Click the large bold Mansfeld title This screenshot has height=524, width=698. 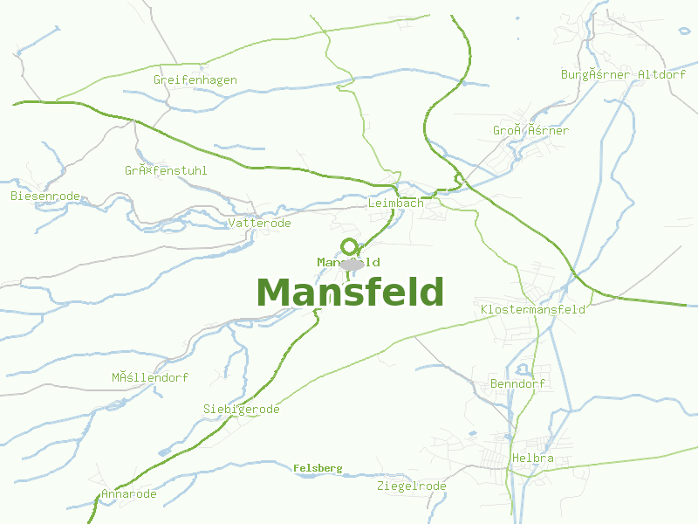[350, 293]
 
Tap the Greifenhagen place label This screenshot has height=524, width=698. [195, 79]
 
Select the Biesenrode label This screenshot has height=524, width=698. [45, 196]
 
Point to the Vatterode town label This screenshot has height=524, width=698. [259, 224]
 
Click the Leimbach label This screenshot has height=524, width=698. [396, 203]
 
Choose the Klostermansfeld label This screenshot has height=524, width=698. [533, 309]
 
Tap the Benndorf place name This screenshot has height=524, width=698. [518, 383]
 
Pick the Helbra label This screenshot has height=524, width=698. [533, 458]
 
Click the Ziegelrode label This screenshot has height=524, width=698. [412, 486]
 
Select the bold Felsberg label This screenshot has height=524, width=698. [318, 468]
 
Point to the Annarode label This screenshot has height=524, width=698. [129, 493]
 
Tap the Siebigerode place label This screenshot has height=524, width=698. [242, 409]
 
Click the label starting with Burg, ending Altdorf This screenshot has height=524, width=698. [624, 74]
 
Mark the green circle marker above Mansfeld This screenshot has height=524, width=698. [350, 246]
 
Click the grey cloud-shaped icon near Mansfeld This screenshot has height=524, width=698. [352, 265]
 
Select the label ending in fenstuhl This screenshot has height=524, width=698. [166, 170]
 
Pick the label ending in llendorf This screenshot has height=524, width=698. [150, 377]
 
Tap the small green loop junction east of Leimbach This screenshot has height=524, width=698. [457, 181]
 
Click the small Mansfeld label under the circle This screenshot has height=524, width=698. [348, 262]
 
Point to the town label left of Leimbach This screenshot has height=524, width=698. [259, 224]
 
